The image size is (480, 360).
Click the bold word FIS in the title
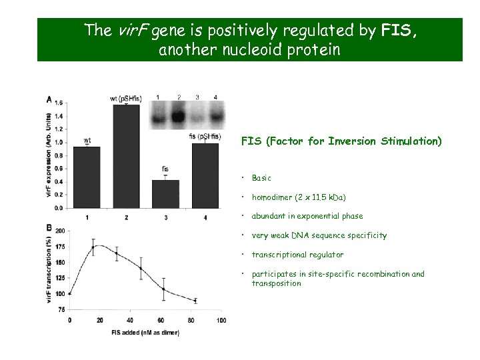(398, 31)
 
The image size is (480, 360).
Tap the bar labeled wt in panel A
(87, 177)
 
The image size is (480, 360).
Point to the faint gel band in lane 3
(197, 117)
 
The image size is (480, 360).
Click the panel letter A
(49, 99)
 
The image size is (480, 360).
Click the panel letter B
(49, 228)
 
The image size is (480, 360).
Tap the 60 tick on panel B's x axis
(161, 321)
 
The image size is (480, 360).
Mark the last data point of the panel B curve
(195, 301)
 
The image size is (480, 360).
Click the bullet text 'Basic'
(261, 178)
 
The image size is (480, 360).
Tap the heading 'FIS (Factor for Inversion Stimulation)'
(341, 141)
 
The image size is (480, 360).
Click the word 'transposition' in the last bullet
(276, 283)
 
